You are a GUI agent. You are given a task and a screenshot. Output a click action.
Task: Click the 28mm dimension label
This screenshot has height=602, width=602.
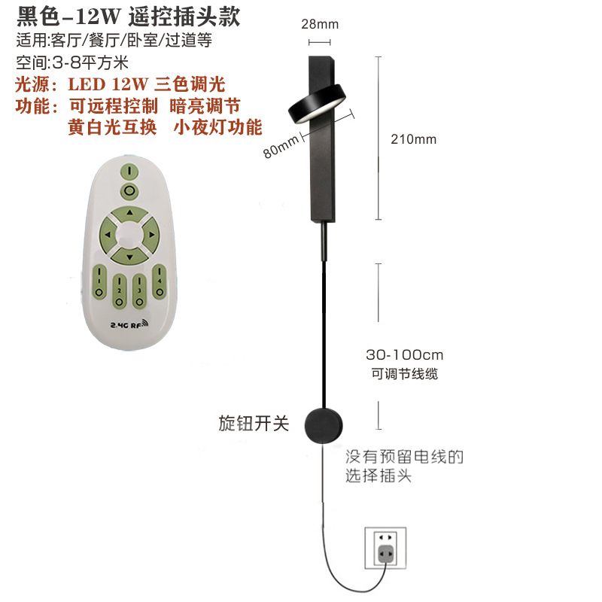pyautogui.click(x=319, y=24)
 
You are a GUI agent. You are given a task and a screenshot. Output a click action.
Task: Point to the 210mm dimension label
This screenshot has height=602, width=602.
pyautogui.click(x=413, y=139)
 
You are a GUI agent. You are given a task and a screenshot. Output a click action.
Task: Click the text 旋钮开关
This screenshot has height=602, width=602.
pyautogui.click(x=254, y=424)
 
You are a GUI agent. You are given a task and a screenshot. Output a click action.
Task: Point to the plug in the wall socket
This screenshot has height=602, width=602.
pyautogui.click(x=385, y=555)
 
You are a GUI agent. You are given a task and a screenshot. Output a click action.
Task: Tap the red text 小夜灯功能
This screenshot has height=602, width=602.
pyautogui.click(x=217, y=126)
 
